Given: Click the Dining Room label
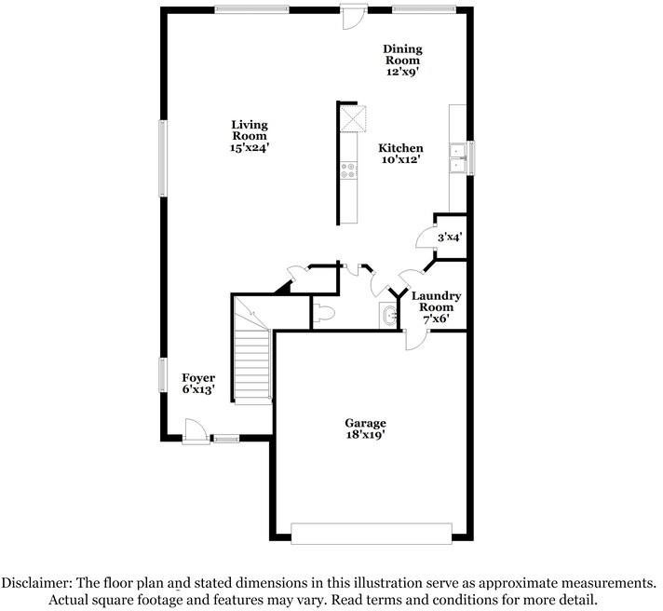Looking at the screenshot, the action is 402,55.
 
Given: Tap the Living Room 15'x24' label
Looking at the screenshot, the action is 250,136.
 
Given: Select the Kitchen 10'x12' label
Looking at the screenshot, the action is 400,154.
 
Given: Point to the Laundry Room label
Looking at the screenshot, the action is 436,301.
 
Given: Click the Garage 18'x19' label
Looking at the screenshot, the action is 365,428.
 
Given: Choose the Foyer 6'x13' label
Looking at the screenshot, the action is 198,384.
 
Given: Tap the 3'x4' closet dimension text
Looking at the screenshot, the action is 450,238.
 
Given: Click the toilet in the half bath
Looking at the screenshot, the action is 324,313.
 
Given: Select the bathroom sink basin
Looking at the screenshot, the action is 390,315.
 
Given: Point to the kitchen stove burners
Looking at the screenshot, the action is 348,170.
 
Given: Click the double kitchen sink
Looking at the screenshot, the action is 457,158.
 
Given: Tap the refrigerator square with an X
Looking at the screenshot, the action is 354,118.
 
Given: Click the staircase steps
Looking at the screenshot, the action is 252,366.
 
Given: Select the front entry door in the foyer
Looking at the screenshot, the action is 196,431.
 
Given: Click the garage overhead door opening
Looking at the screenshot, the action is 372,534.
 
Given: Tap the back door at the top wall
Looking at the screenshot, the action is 354,17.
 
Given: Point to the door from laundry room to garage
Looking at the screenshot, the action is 415,340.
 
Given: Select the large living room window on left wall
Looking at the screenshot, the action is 163,158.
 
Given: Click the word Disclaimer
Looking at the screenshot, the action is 35,583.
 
